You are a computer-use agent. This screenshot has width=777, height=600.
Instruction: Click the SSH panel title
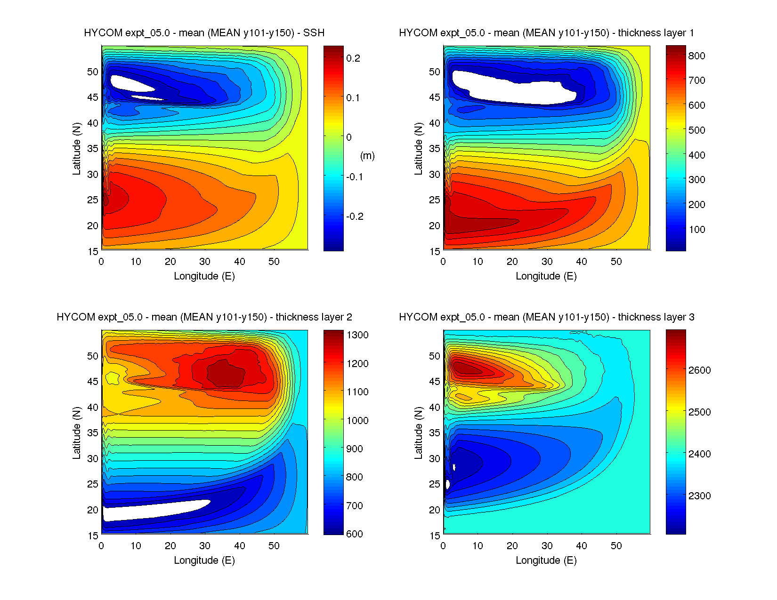click(204, 33)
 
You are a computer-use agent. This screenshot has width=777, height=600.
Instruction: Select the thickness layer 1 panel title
click(546, 33)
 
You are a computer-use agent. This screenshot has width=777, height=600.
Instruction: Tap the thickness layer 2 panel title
click(204, 317)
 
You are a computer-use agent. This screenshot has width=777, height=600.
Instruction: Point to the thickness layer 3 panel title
click(546, 317)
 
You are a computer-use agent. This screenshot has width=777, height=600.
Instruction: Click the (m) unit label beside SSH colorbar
click(367, 156)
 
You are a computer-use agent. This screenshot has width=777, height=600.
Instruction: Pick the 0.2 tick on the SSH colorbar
click(353, 58)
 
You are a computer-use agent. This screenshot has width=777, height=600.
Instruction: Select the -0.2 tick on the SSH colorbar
click(355, 216)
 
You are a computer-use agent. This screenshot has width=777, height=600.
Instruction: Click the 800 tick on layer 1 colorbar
click(696, 56)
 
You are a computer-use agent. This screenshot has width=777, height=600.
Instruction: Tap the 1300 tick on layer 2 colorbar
click(357, 335)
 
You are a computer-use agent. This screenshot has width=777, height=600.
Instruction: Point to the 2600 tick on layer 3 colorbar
click(699, 370)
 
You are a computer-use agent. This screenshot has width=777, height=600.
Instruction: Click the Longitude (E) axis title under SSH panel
click(204, 276)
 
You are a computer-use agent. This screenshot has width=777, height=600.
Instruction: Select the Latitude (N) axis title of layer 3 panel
click(418, 433)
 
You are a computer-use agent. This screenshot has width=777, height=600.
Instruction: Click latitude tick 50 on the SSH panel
click(93, 72)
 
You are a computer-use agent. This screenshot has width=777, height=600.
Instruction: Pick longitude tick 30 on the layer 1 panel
click(547, 262)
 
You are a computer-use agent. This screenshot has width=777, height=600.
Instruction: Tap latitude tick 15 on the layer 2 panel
click(93, 536)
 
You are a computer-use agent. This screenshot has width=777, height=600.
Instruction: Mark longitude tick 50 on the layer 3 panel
click(616, 546)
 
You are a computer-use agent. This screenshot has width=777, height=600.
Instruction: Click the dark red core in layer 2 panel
click(226, 374)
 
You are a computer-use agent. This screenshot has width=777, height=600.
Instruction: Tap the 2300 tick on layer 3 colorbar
click(699, 496)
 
